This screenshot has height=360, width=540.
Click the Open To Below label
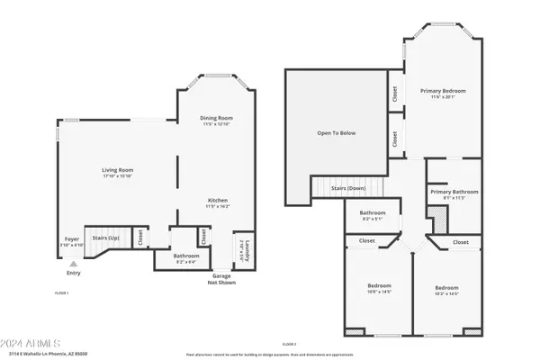[336, 133]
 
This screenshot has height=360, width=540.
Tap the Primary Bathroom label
[453, 192]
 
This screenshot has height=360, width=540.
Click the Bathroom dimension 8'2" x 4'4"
[187, 262]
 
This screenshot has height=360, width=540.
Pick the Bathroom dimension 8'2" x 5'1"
[372, 219]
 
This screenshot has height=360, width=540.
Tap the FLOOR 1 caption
[62, 293]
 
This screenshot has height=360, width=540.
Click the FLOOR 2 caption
[289, 345]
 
